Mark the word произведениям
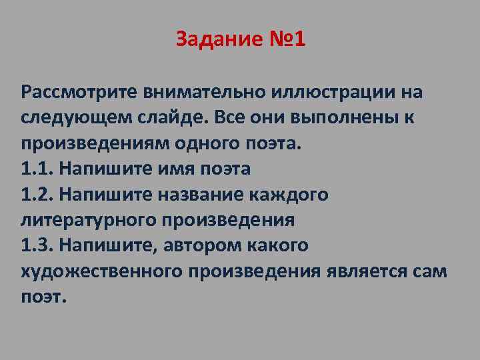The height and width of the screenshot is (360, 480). [x=87, y=143]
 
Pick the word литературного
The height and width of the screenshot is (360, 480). [x=83, y=219]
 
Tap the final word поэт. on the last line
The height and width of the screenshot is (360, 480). [x=43, y=296]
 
